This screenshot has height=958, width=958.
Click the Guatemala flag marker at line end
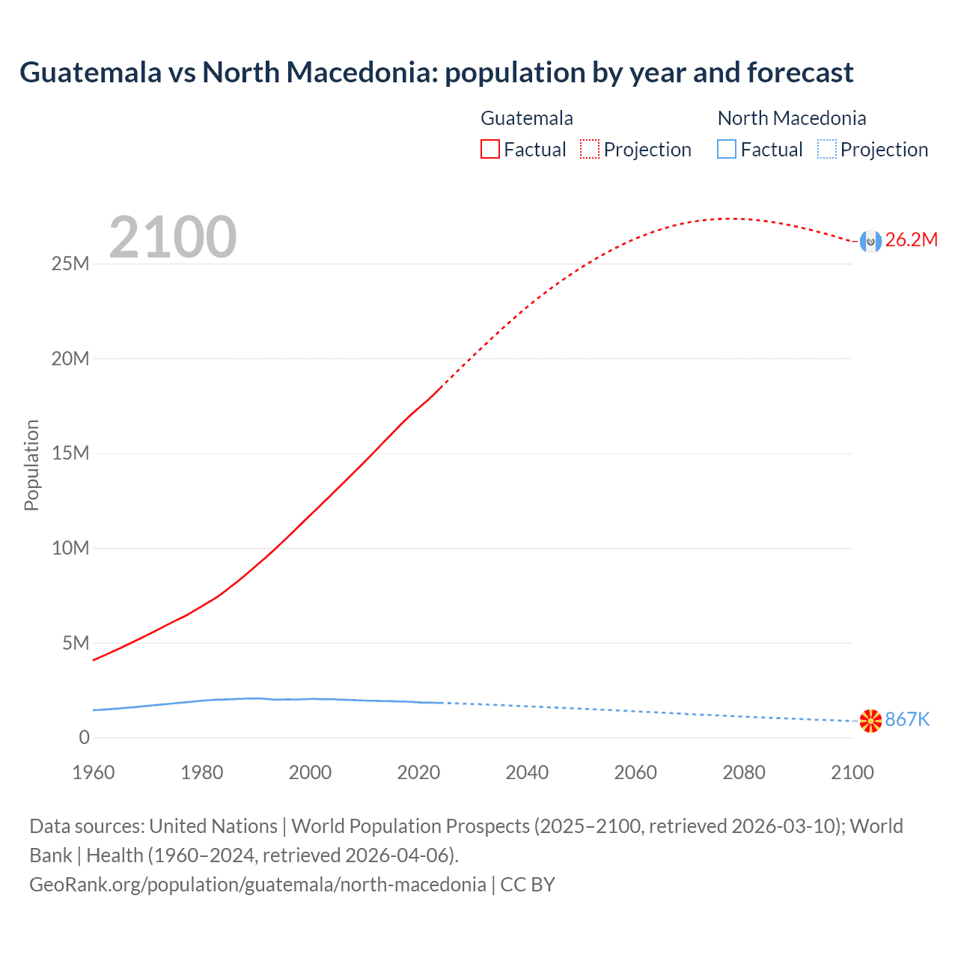point(870,241)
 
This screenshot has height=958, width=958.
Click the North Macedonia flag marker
point(870,721)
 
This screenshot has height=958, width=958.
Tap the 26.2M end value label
point(911,240)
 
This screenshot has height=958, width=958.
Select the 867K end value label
point(907,720)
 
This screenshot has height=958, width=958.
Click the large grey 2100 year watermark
point(173,238)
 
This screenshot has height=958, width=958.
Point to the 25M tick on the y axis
point(70,264)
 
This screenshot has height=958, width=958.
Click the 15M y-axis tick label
point(70,454)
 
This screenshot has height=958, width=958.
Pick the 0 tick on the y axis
point(84,738)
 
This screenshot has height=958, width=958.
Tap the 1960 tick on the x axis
point(94,772)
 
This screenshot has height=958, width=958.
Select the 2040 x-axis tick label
point(527,772)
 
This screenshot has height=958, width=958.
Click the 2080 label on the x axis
point(744,772)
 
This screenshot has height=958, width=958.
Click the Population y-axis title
point(31,465)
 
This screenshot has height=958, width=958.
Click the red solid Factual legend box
point(490,150)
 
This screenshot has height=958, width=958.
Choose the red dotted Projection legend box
point(590,150)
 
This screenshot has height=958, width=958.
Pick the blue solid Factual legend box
point(727,150)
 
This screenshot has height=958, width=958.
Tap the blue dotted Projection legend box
point(827,150)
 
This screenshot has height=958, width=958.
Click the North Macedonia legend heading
point(792,118)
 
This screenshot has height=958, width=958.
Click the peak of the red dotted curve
point(730,219)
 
